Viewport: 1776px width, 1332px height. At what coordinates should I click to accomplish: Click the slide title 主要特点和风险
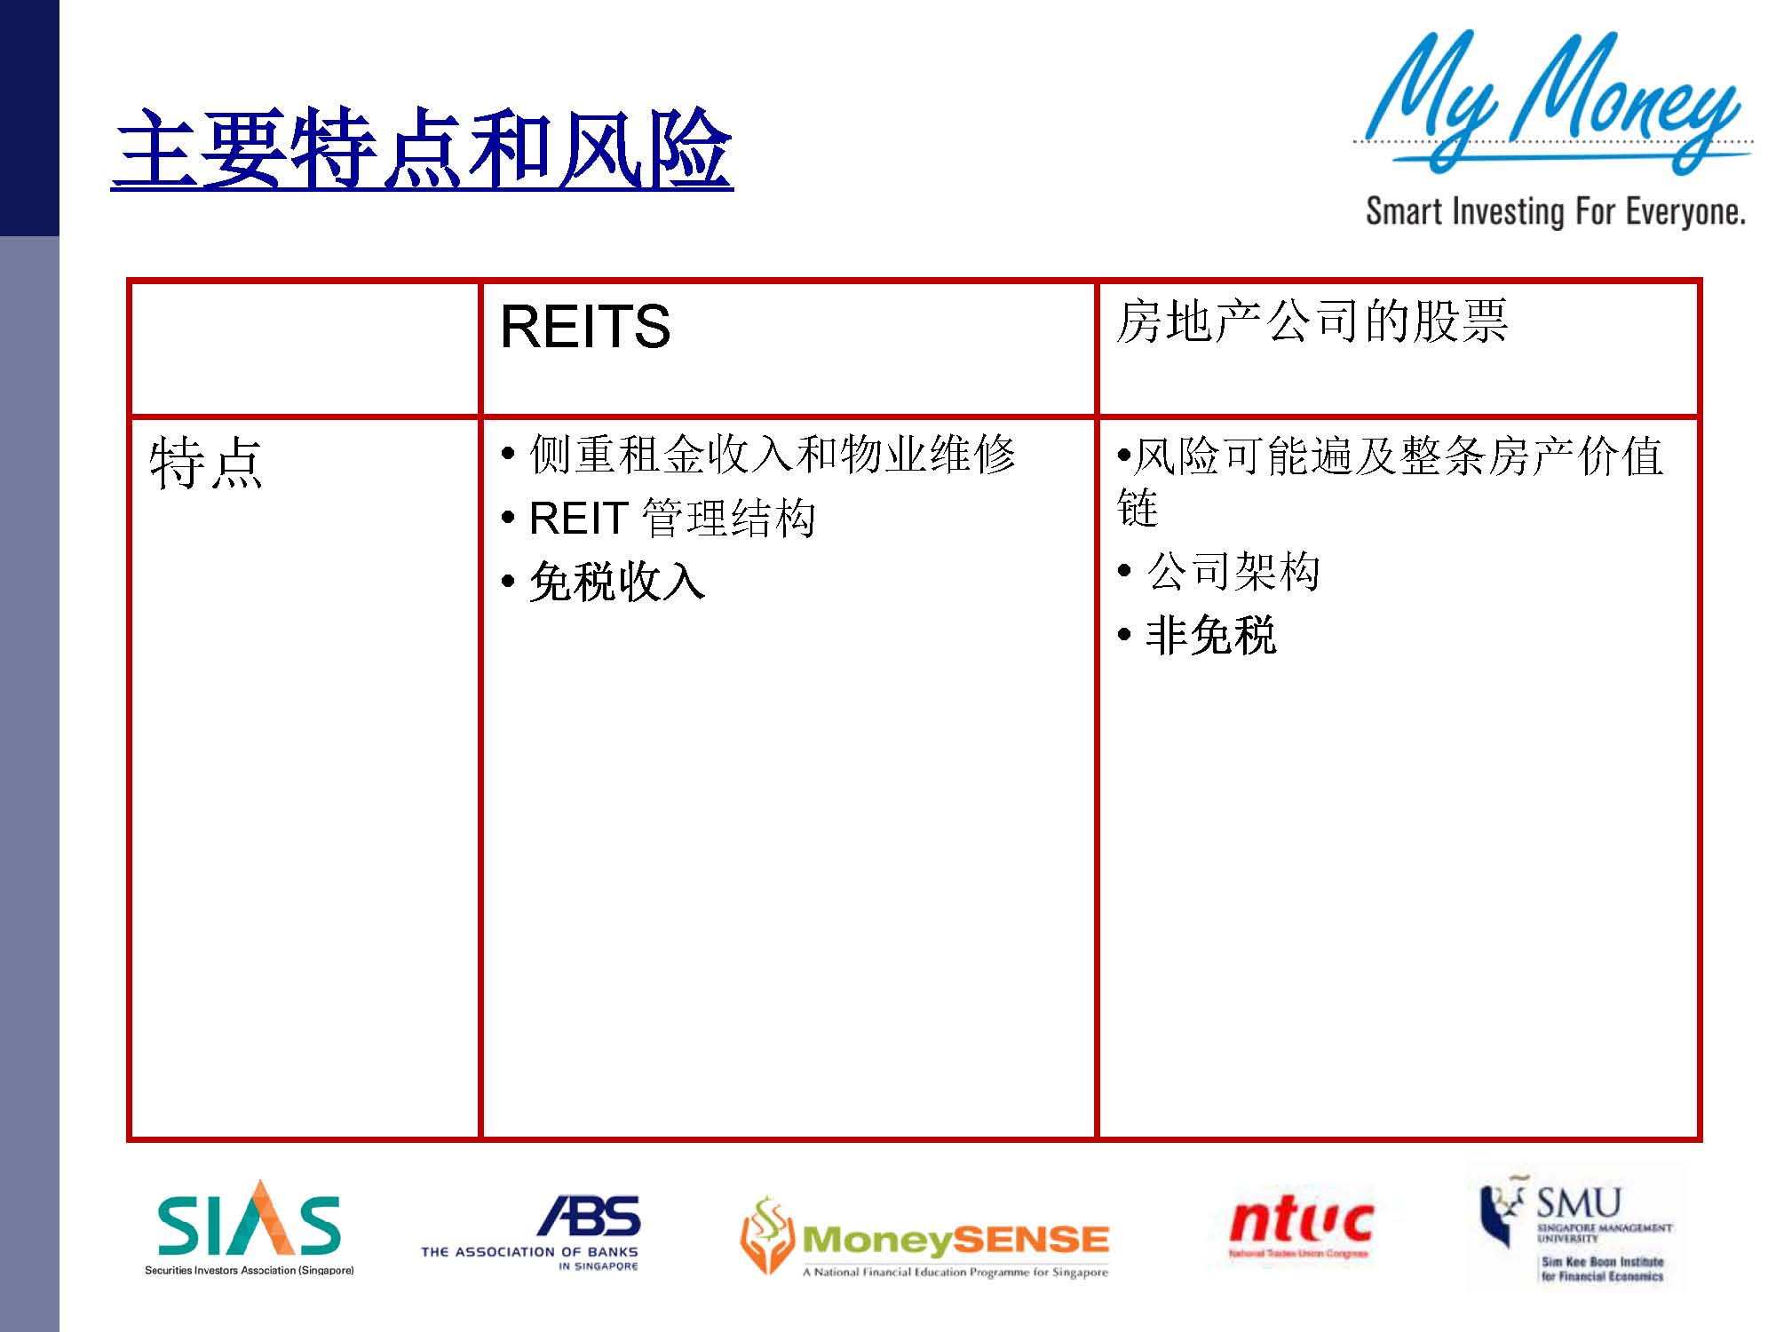(x=423, y=148)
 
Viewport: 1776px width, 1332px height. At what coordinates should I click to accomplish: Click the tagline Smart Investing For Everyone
(x=1555, y=212)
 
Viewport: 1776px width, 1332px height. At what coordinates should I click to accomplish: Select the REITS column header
(x=585, y=326)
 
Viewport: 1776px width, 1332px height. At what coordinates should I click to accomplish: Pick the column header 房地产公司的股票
(x=1312, y=321)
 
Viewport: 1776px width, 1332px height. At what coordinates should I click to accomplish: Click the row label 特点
(x=206, y=463)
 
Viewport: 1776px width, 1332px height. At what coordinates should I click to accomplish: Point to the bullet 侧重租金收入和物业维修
(x=771, y=455)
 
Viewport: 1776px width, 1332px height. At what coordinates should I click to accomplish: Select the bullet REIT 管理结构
(x=671, y=518)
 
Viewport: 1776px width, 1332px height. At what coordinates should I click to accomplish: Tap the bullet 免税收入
(x=616, y=583)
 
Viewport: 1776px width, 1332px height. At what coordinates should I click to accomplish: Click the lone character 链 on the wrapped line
(x=1138, y=508)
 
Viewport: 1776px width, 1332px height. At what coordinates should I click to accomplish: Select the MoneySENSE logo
(x=955, y=1240)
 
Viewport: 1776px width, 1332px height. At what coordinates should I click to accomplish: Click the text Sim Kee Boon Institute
(x=1602, y=1262)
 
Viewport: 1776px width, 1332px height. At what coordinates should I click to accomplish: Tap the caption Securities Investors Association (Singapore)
(x=249, y=1271)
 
